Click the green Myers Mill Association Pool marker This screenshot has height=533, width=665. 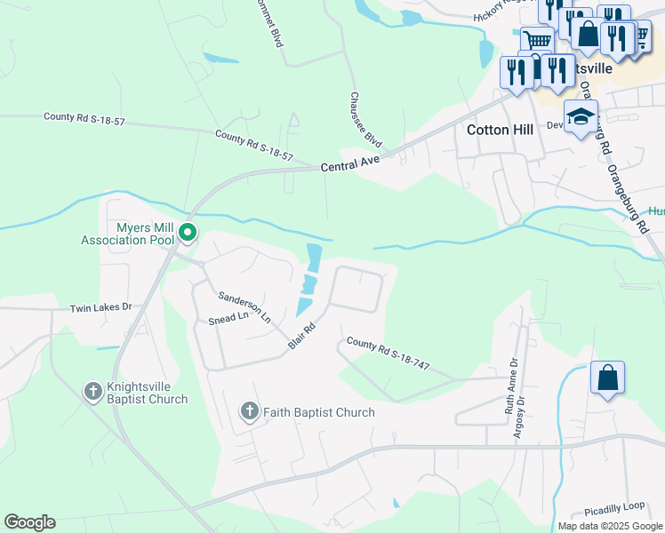188,234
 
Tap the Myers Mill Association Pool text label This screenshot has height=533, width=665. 129,234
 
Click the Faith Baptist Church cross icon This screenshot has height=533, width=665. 250,411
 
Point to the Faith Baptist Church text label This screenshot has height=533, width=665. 319,412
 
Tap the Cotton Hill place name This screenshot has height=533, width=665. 500,130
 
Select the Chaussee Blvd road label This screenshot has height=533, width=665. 366,120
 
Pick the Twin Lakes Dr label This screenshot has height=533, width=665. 100,307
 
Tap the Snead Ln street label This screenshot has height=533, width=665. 228,318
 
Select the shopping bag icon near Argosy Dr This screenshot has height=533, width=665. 607,378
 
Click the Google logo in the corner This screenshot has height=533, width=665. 29,522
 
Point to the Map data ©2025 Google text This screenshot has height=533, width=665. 610,526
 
